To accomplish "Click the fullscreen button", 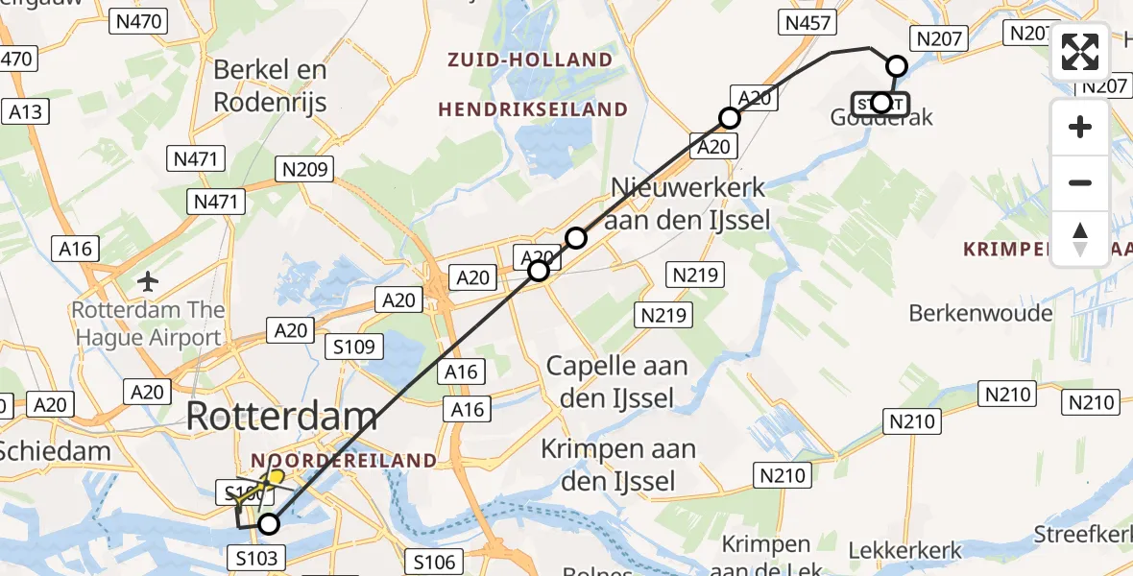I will (1080, 52).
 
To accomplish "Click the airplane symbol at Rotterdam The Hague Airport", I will (148, 281).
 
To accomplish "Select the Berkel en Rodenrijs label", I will (270, 85).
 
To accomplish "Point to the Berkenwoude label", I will (979, 313).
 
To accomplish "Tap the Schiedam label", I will (56, 449).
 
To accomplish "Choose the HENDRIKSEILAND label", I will (533, 110).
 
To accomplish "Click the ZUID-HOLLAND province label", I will (530, 60).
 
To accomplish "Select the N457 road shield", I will (809, 23).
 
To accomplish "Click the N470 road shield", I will (139, 20).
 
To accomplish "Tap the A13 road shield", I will (26, 112).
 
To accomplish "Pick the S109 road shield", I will (355, 347).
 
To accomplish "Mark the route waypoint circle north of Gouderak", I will (896, 66).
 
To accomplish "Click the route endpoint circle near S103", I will (269, 524).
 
